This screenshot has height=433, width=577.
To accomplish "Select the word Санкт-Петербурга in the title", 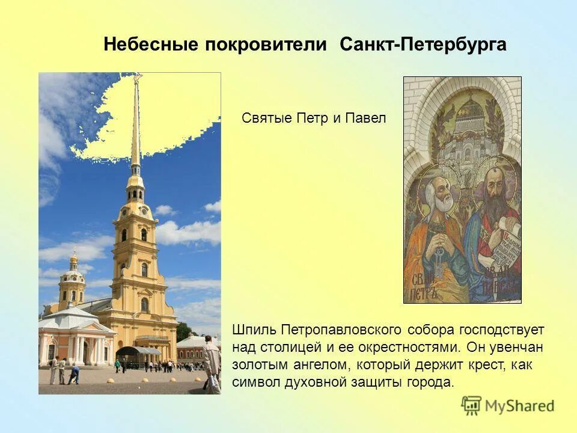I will (423, 45).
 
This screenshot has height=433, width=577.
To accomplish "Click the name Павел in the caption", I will (365, 118).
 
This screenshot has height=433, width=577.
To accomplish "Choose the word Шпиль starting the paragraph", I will (251, 330).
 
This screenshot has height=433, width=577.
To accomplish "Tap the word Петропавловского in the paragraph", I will (340, 330).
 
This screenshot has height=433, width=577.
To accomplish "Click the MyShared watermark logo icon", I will (472, 405).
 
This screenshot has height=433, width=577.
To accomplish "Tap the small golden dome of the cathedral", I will (73, 259).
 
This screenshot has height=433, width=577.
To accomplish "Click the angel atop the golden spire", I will (136, 78).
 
